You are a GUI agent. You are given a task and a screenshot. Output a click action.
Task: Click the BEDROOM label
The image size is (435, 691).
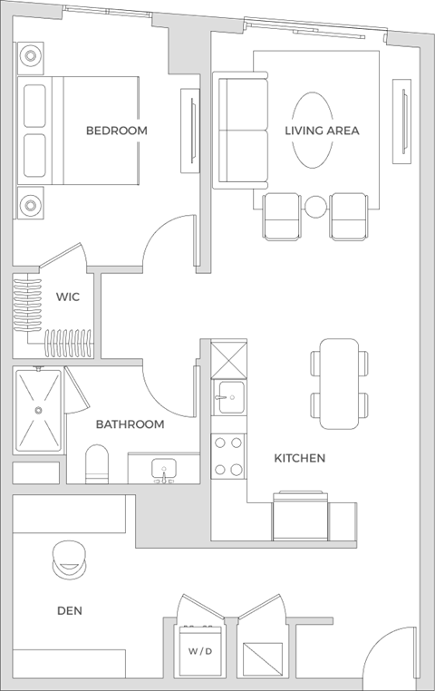(x=116, y=131)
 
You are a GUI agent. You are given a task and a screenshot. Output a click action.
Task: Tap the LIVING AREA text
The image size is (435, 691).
(x=322, y=131)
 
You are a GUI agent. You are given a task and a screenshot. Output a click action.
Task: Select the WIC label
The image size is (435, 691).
(x=68, y=297)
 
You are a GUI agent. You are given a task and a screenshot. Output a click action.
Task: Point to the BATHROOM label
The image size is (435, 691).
(x=130, y=424)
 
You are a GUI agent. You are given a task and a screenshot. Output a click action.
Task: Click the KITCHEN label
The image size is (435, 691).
(x=299, y=459)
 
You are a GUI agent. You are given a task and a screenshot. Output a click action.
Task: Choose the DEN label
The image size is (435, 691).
(x=69, y=611)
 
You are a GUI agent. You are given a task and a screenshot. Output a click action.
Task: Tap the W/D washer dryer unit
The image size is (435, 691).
(x=199, y=651)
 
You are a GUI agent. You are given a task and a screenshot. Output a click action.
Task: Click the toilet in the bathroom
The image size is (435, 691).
(x=97, y=464)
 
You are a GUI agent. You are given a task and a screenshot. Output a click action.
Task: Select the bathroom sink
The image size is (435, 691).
(x=164, y=470)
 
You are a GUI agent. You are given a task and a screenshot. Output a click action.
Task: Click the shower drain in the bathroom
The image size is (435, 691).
(x=38, y=410)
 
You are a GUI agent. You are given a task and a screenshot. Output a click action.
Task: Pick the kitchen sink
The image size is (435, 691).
(x=228, y=395)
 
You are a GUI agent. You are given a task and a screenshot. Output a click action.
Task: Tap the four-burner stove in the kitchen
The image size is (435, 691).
(x=227, y=456)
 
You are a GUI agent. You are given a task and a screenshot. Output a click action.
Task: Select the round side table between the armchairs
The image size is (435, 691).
(x=314, y=207)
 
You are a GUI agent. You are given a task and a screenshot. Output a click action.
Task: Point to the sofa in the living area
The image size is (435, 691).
(x=240, y=131)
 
